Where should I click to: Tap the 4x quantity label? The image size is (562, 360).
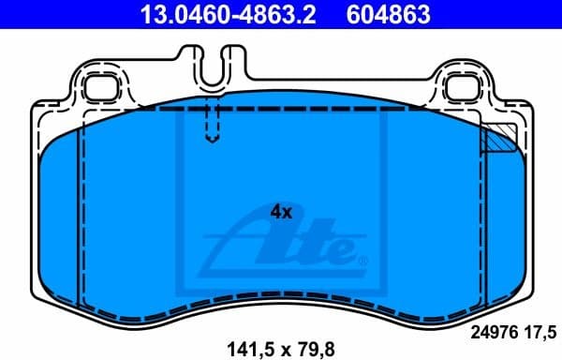coord(281,212)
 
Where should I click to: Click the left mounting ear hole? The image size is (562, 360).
coord(98,89)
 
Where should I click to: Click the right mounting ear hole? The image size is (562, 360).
coord(462,89)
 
